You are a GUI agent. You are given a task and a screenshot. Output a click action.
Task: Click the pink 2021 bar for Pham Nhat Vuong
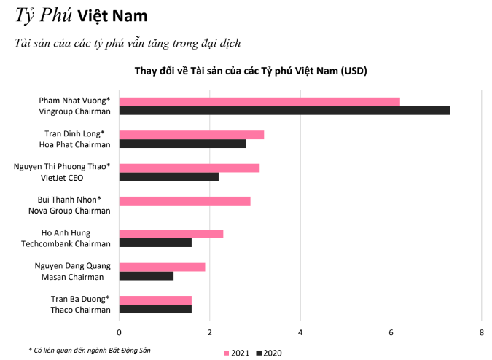point(259,101)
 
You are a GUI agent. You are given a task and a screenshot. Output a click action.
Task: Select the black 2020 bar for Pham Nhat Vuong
point(284,111)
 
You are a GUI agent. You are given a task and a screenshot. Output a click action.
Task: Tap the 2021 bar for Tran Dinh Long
point(191,135)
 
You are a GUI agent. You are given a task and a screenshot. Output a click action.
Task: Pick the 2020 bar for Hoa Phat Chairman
point(182,144)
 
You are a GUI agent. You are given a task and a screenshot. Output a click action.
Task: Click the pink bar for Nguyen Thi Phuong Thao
point(189,168)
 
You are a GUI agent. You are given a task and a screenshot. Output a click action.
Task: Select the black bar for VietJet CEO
point(168,177)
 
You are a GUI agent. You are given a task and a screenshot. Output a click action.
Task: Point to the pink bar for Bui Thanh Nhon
point(184,200)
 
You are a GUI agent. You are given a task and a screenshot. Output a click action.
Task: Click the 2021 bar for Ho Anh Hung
point(171,234)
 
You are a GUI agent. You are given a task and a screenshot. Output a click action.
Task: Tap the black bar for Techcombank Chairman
point(155,243)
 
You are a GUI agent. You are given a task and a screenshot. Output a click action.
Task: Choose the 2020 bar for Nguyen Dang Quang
point(146,275)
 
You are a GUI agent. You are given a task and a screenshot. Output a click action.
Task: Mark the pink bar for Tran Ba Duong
point(155,300)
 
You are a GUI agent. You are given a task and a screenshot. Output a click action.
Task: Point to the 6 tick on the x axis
point(391,332)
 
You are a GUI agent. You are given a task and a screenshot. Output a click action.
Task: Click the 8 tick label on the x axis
point(481,332)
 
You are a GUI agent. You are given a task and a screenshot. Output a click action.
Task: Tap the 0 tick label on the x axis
point(119,332)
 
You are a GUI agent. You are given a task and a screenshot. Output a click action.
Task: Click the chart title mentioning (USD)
point(251,71)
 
